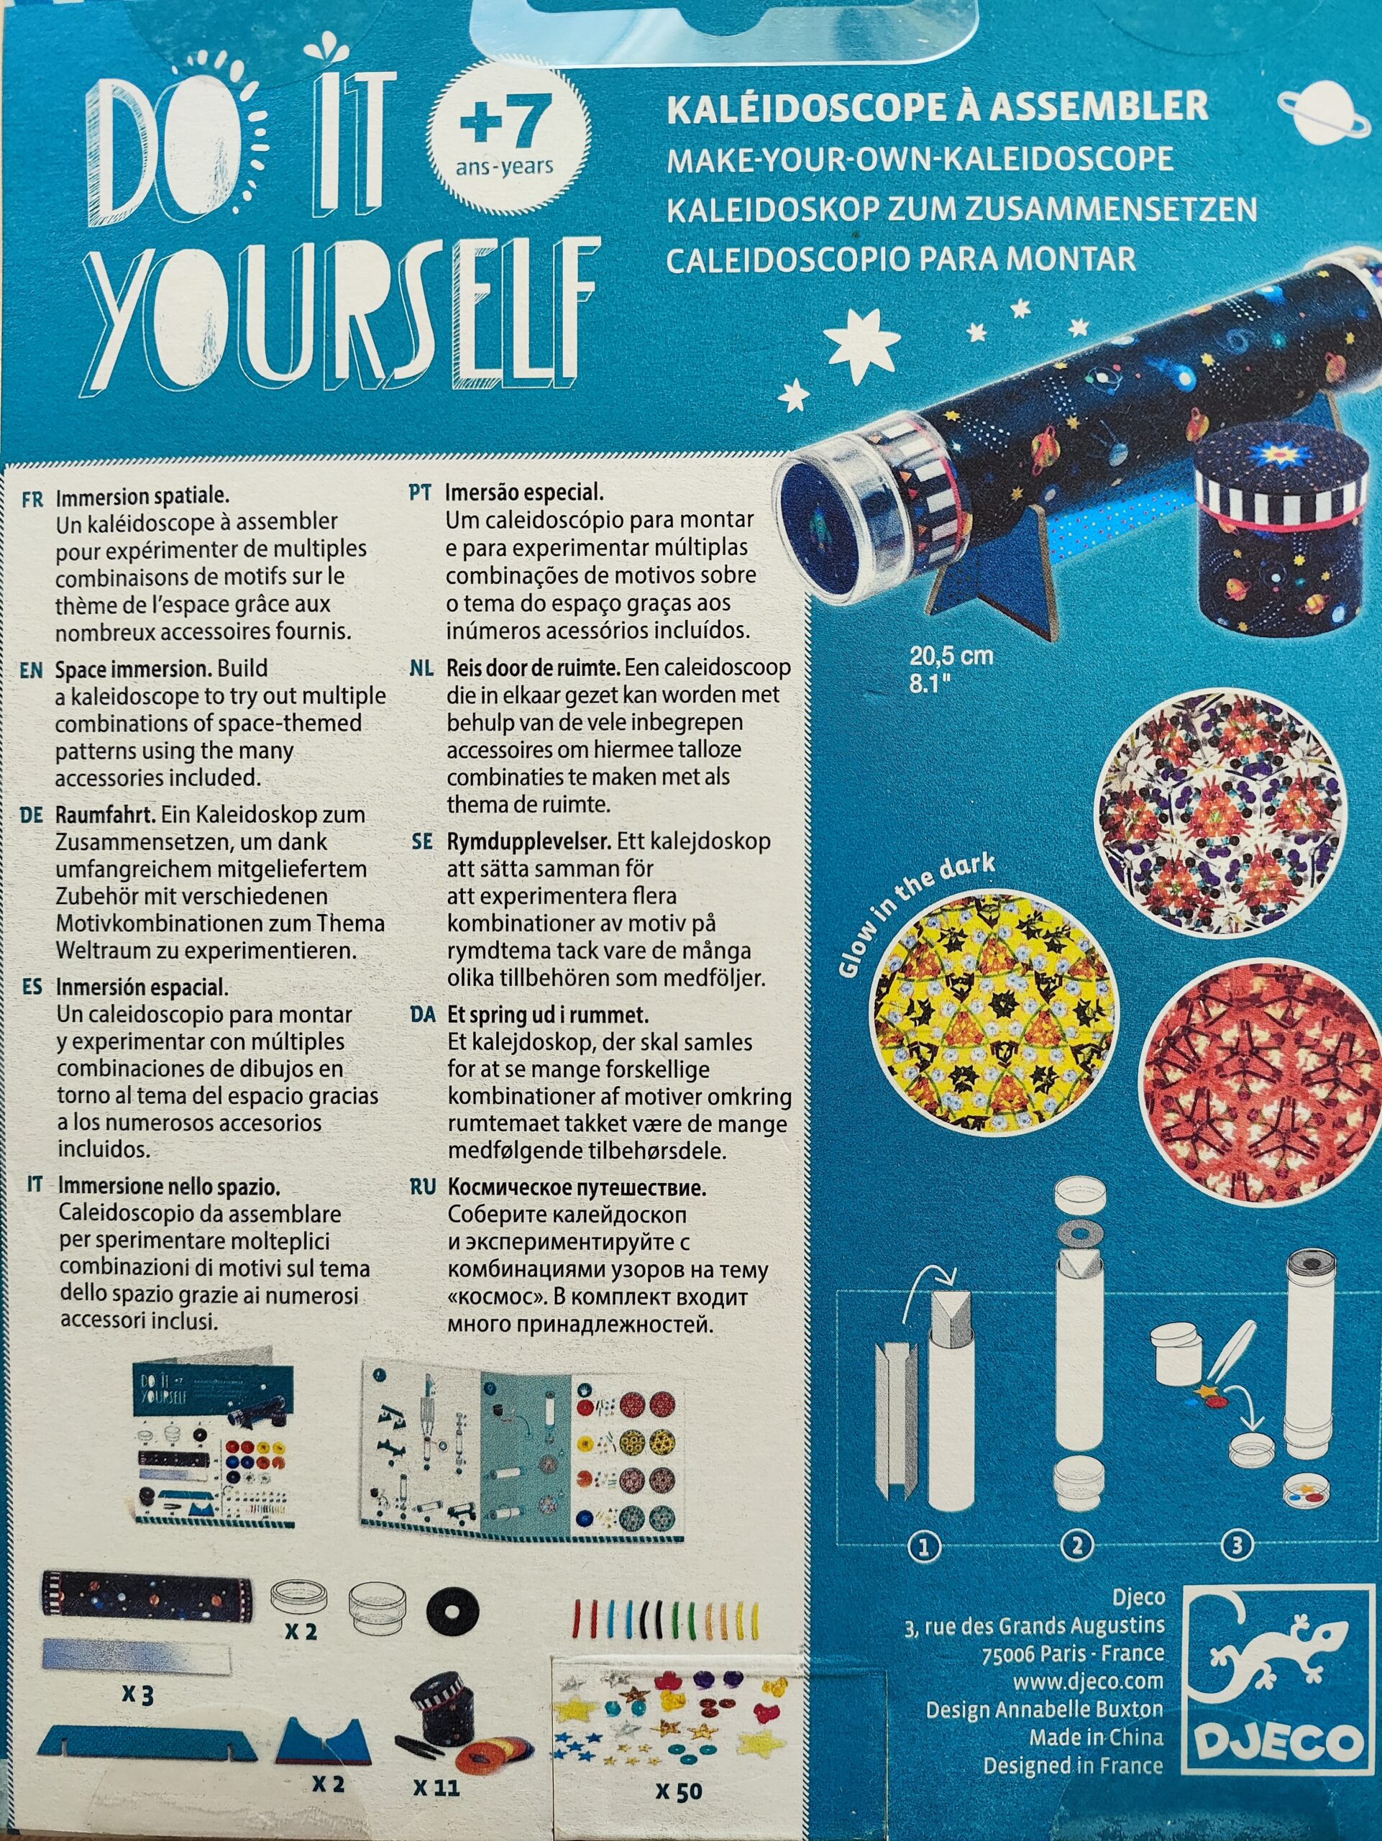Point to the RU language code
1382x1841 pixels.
pyautogui.click(x=422, y=1187)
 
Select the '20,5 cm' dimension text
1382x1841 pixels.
pyautogui.click(x=951, y=655)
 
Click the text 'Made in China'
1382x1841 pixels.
pyautogui.click(x=1095, y=1731)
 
